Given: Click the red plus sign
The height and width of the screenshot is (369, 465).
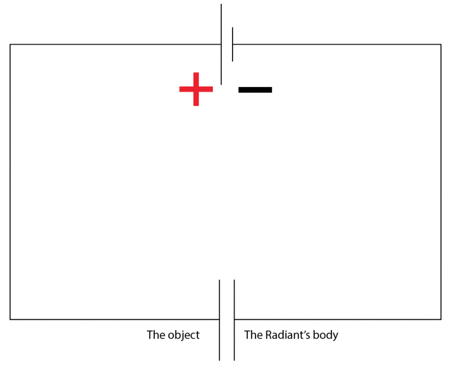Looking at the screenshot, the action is click(196, 89).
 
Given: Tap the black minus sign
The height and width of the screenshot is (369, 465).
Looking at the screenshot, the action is click(255, 90).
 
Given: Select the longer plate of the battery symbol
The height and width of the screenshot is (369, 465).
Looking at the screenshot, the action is click(221, 44).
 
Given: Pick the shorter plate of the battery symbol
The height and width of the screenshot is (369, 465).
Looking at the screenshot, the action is click(232, 44).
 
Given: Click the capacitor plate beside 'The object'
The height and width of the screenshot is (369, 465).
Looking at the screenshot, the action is click(219, 320).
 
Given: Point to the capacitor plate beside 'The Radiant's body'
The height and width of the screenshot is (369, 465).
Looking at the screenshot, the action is click(234, 320).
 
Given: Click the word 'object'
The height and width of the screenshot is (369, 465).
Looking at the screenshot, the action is click(183, 335).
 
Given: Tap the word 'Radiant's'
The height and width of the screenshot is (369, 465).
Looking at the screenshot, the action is click(288, 335).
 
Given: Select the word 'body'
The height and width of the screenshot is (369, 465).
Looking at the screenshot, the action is click(325, 335).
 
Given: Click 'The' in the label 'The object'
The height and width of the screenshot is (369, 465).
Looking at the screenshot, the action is click(156, 335).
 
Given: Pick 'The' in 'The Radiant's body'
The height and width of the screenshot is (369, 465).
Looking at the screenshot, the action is click(253, 335).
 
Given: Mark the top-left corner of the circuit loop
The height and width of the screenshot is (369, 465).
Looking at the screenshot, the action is click(10, 45).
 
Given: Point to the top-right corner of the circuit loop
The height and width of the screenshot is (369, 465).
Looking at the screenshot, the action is click(441, 45).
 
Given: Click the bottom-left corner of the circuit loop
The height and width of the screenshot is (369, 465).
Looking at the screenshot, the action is click(10, 319).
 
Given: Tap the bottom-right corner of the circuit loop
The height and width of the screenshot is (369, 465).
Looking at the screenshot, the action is click(441, 319).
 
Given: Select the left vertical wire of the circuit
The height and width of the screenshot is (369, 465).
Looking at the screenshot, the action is click(10, 182).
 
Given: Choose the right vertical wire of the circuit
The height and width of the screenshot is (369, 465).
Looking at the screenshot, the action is click(441, 182).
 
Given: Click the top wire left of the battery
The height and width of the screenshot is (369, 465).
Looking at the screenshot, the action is click(116, 45).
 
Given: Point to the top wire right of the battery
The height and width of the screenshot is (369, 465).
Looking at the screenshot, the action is click(337, 45).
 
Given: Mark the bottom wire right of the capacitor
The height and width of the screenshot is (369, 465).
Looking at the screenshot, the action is click(338, 319).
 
